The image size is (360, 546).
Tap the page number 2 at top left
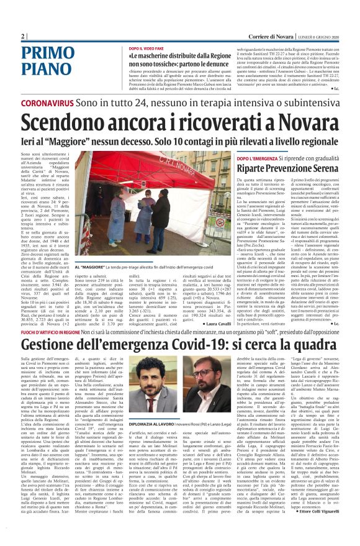[24, 36]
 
